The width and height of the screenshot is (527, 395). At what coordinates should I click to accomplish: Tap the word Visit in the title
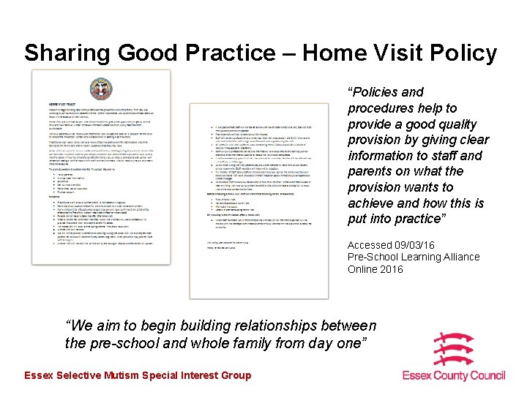click(389, 53)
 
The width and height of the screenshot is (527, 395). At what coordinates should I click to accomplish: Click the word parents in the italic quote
click(370, 171)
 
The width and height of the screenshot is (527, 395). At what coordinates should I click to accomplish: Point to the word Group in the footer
click(235, 375)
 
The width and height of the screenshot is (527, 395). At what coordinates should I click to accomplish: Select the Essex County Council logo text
click(454, 375)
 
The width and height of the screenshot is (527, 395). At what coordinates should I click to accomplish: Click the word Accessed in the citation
click(370, 245)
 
